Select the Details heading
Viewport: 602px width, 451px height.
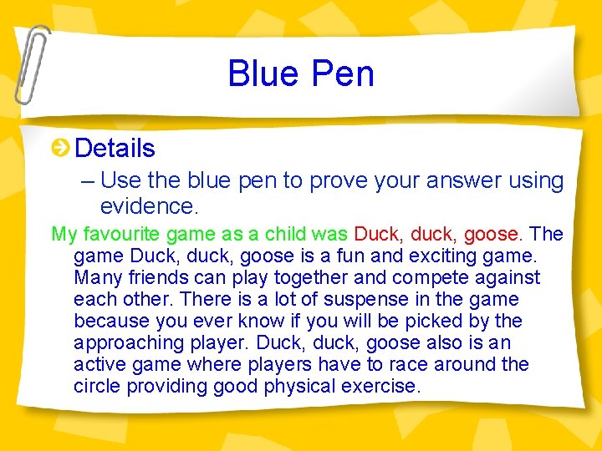[115, 149]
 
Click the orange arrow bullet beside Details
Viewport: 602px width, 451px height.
[59, 149]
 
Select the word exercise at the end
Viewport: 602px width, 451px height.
[380, 386]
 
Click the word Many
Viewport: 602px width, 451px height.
[96, 277]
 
